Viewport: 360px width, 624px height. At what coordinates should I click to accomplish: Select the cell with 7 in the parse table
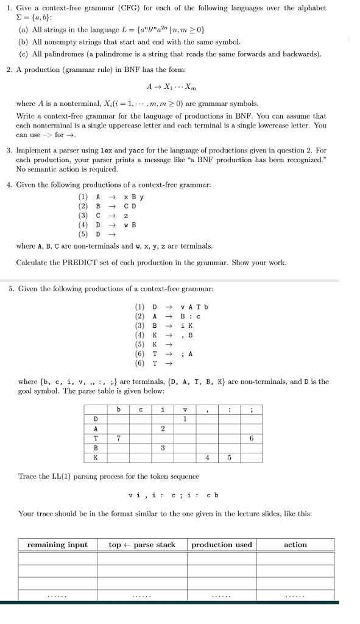[x=119, y=438]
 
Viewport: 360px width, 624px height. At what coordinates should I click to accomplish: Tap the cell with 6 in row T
[x=252, y=438]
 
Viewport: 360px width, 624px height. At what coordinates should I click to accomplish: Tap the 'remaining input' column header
[x=57, y=544]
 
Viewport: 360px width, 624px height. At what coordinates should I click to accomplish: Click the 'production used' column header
[x=222, y=544]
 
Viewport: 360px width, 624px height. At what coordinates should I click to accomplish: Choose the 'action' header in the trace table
[x=295, y=544]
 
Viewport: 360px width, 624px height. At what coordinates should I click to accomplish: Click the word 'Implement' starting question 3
[x=34, y=150]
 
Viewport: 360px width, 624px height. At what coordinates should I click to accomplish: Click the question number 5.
[x=11, y=289]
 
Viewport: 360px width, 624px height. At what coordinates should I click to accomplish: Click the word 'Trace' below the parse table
[x=29, y=476]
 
